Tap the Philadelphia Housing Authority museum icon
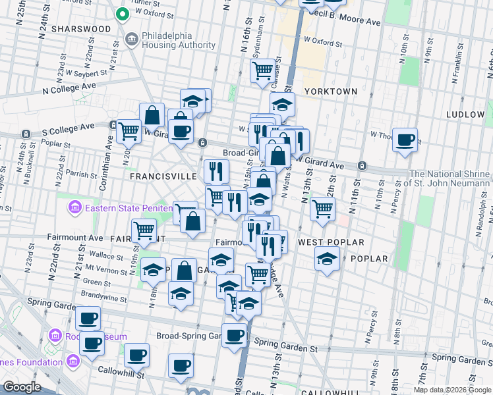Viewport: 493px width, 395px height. click(x=130, y=39)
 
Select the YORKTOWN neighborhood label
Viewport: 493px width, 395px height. click(x=331, y=92)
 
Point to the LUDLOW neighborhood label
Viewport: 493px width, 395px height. click(x=465, y=114)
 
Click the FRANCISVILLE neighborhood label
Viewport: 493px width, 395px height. click(x=163, y=176)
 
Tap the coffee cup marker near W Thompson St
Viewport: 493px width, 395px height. click(x=405, y=140)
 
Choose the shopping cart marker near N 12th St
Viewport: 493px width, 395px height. click(x=322, y=208)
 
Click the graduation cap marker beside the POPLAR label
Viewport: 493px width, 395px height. click(x=326, y=259)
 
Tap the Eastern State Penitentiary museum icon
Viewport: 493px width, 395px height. click(x=74, y=209)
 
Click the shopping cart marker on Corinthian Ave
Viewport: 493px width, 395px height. click(x=129, y=130)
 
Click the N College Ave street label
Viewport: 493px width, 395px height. click(x=69, y=86)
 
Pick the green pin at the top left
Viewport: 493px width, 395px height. click(x=121, y=13)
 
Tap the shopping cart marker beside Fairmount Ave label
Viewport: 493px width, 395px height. click(x=144, y=230)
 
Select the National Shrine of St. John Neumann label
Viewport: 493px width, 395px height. click(x=451, y=178)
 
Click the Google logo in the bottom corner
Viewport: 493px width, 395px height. click(x=22, y=387)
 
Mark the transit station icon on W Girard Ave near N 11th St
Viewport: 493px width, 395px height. click(x=362, y=165)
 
